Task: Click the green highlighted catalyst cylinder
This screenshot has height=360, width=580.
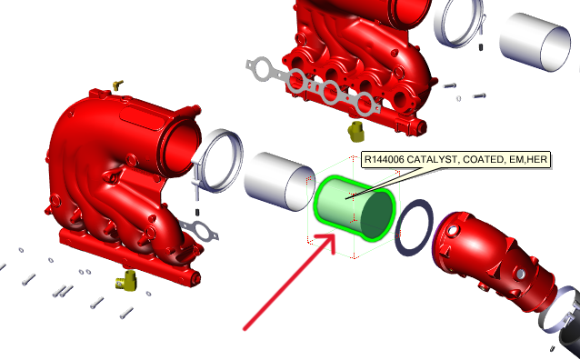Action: [x=355, y=209]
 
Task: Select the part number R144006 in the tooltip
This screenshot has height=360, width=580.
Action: [x=387, y=160]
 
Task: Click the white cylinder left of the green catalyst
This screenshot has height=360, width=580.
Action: [x=279, y=182]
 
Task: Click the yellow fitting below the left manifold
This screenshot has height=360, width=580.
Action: [x=126, y=281]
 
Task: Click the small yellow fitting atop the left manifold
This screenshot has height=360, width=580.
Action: [x=115, y=84]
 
